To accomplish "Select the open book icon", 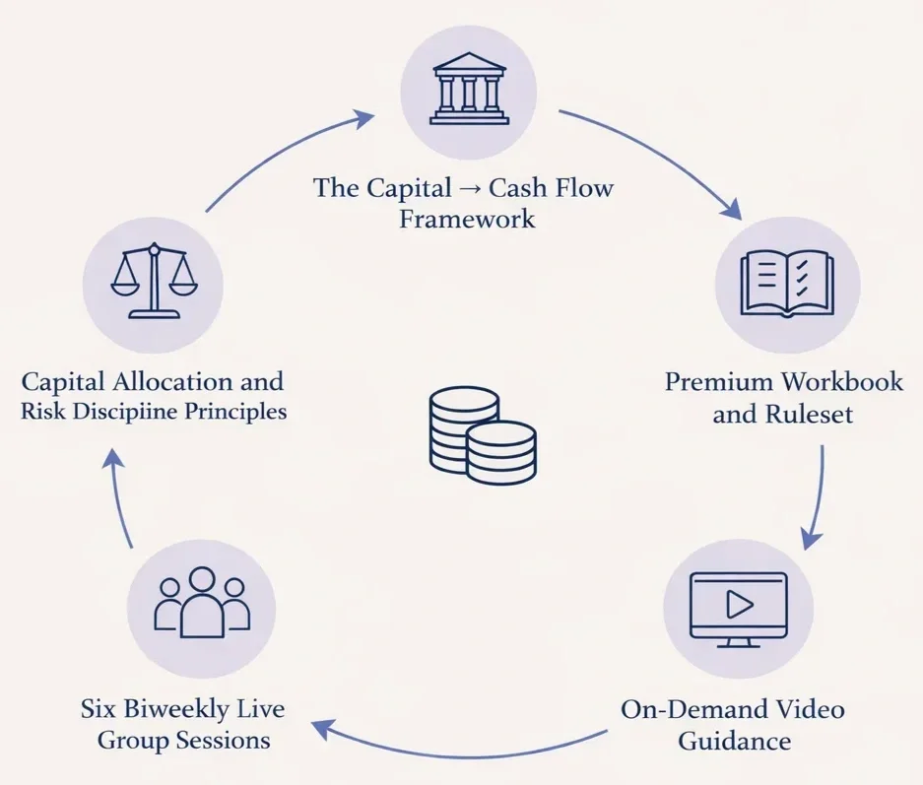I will point(786,282).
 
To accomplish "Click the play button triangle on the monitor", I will point(738,604).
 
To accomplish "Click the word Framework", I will point(467,218).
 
